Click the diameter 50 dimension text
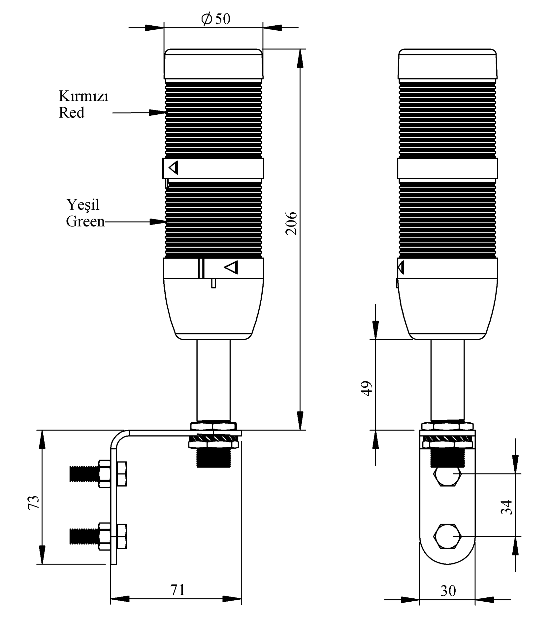pyautogui.click(x=216, y=19)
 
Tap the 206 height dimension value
pyautogui.click(x=291, y=224)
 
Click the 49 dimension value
pyautogui.click(x=367, y=388)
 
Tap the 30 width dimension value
pyautogui.click(x=448, y=591)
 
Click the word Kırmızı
pyautogui.click(x=83, y=96)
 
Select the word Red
pyautogui.click(x=72, y=113)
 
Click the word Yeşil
pyautogui.click(x=83, y=205)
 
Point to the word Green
pyautogui.click(x=85, y=221)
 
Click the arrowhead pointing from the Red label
pyautogui.click(x=157, y=112)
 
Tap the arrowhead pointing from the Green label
pyautogui.click(x=157, y=222)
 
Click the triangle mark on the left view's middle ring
pyautogui.click(x=174, y=167)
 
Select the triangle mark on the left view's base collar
pyautogui.click(x=232, y=267)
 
